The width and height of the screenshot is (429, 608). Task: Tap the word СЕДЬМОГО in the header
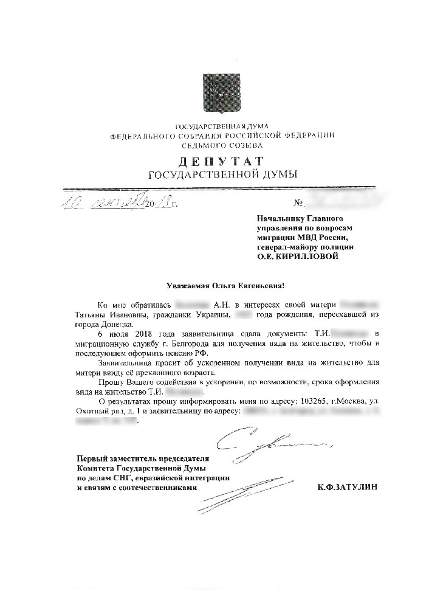(203, 146)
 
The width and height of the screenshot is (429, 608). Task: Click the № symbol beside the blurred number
(298, 202)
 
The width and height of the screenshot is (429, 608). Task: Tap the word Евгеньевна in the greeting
(257, 286)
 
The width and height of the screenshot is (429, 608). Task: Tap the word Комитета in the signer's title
(91, 468)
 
